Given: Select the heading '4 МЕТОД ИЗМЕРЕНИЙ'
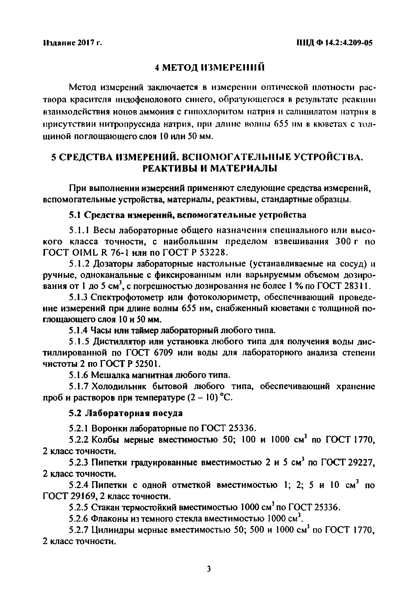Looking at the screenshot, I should point(209,68).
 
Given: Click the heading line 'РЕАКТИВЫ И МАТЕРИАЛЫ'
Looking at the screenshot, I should point(209,168).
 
